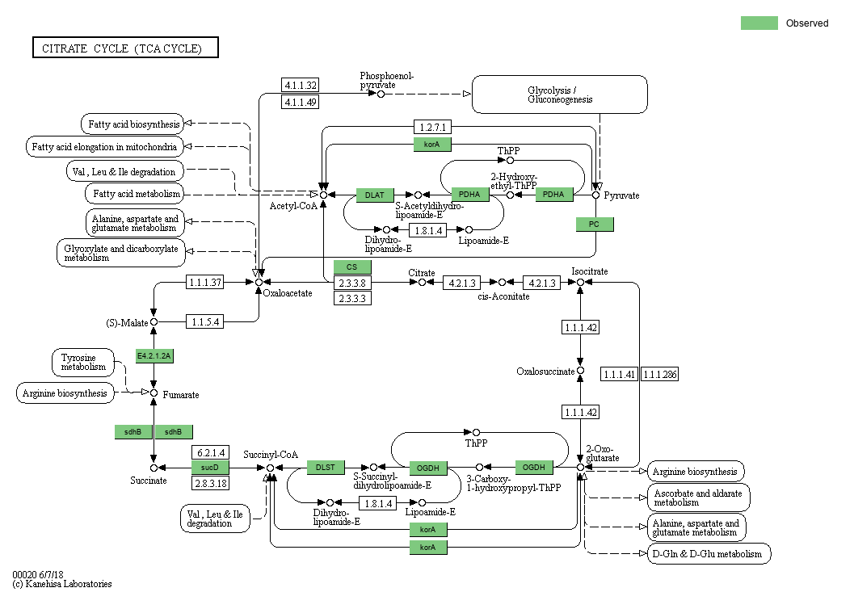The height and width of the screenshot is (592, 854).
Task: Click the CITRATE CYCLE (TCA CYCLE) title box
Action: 125,48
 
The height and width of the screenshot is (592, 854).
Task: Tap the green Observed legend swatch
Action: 759,23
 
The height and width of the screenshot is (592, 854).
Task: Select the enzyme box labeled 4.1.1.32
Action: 300,85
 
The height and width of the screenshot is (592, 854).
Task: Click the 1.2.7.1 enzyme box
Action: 432,127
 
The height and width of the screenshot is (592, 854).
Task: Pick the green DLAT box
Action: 375,195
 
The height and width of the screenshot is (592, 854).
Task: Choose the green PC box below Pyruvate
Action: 595,225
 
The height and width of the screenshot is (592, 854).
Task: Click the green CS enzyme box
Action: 352,267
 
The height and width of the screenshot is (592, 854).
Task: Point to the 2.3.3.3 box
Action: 352,298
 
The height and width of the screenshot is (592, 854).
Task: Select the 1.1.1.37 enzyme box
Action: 205,282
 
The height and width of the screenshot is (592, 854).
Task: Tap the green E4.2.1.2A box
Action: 154,355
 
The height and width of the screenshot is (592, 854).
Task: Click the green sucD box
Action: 210,468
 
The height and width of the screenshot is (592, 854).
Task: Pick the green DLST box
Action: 326,468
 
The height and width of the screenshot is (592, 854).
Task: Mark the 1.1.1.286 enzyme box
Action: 660,374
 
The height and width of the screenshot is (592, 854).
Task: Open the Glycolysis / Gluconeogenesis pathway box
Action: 559,94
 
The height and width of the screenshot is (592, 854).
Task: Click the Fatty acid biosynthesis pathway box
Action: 132,124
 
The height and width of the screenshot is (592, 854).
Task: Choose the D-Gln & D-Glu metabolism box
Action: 709,554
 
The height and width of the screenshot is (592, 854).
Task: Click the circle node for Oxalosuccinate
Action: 580,372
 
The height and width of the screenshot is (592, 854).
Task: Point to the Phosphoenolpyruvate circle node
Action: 381,94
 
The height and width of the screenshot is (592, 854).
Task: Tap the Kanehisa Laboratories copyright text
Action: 62,583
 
